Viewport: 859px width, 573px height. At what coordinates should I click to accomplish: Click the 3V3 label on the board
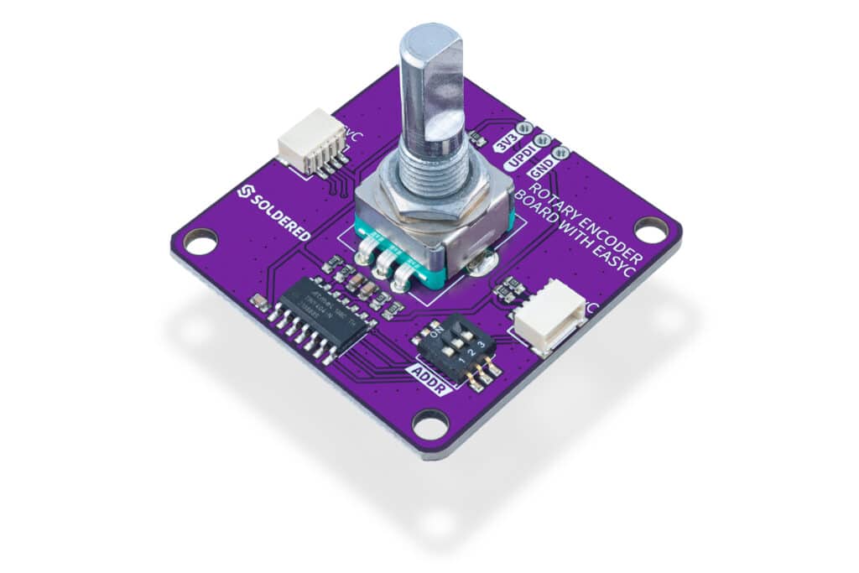507,140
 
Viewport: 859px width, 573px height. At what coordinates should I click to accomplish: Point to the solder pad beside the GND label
561,153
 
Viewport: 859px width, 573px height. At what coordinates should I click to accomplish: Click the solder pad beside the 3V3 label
525,128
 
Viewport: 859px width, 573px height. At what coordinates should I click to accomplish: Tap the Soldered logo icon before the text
245,192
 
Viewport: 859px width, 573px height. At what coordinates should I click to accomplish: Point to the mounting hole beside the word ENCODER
649,228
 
